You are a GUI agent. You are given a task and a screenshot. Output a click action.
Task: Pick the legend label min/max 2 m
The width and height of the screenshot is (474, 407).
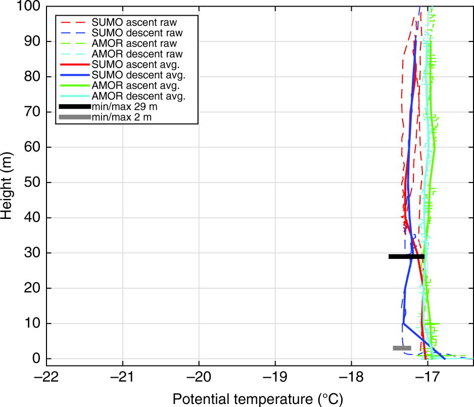[x=121, y=117]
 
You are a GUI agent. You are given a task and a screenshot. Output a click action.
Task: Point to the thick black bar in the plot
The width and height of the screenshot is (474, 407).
[x=406, y=256]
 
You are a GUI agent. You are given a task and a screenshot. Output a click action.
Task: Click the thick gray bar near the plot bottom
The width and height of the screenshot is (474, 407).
[x=402, y=348]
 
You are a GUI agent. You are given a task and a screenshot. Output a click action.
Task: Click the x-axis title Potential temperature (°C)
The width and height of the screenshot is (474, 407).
[x=258, y=399]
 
